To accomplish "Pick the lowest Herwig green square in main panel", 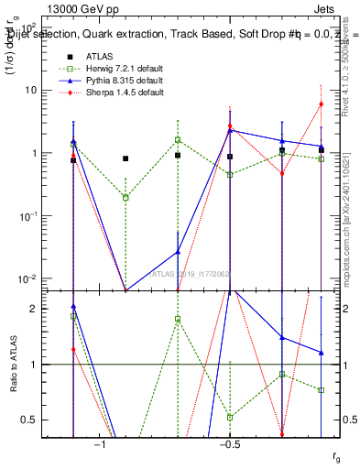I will [x=125, y=197].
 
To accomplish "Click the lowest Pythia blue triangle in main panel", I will [x=178, y=251].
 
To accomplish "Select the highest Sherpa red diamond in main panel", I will [x=322, y=104].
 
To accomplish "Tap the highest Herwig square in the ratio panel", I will [x=73, y=316].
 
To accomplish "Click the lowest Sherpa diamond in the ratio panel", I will [x=282, y=435].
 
